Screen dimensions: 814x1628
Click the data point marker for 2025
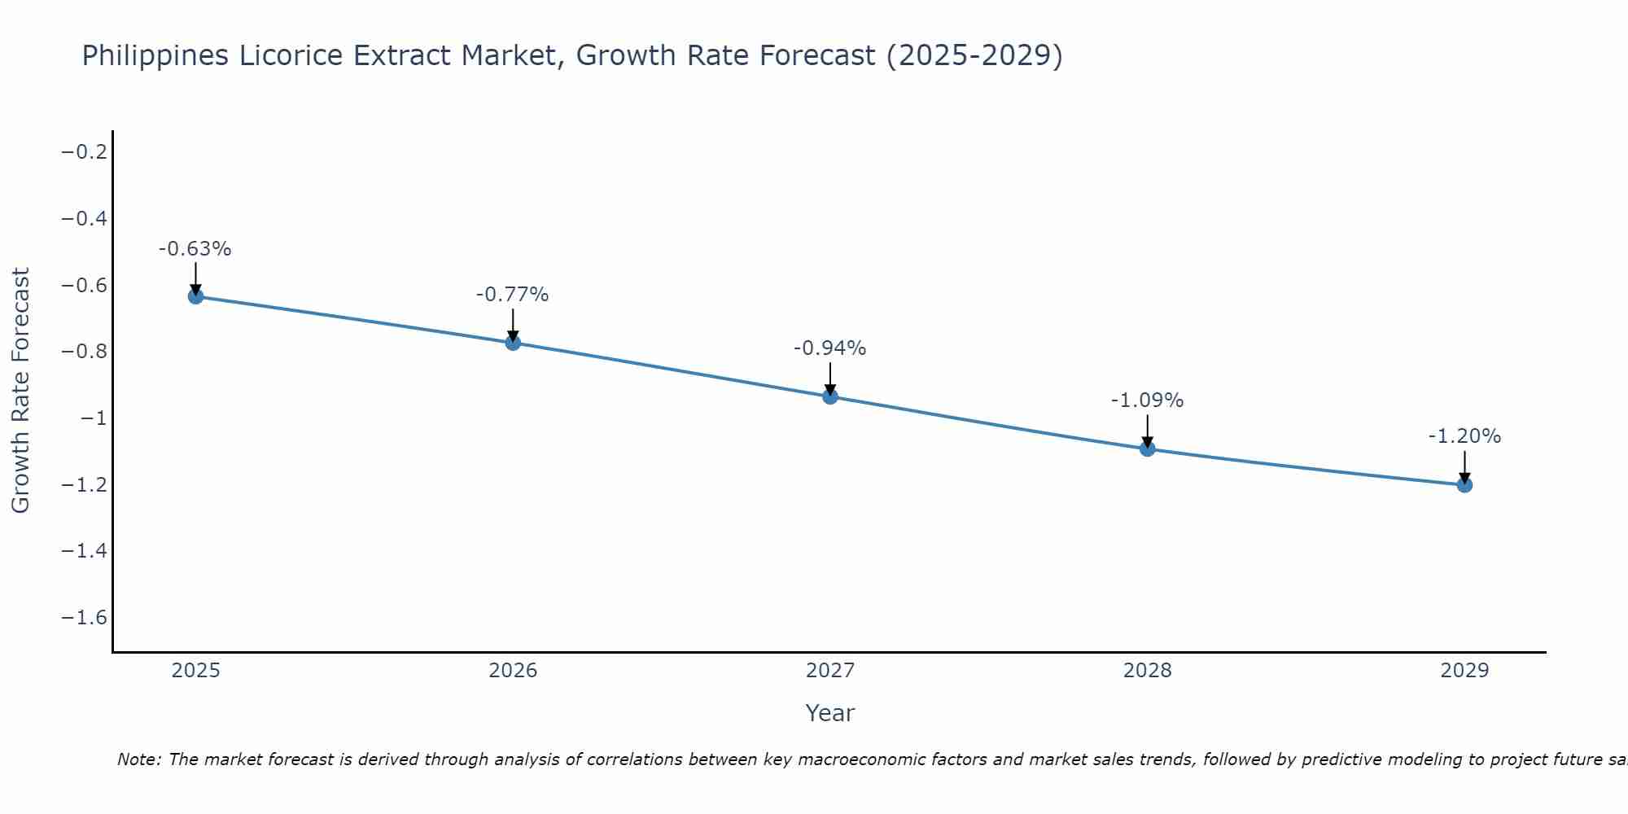tap(195, 296)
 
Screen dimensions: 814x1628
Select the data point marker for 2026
tap(513, 343)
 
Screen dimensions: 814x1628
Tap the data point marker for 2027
tap(830, 396)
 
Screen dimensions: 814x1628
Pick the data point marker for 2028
tap(1148, 449)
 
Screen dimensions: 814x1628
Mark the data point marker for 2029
tap(1464, 485)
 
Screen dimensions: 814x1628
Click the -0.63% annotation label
tap(195, 249)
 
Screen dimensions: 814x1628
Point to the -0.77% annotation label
tap(513, 295)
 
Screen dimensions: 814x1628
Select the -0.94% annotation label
tap(830, 348)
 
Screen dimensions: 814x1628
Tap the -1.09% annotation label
tap(1148, 400)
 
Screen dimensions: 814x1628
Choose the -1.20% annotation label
tap(1464, 436)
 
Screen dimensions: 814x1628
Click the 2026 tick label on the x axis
tap(513, 671)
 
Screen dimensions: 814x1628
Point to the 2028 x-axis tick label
tap(1148, 671)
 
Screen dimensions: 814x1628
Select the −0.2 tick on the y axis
tap(85, 152)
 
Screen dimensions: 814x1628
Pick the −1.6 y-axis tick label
tap(85, 618)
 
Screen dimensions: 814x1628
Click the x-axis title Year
tap(830, 714)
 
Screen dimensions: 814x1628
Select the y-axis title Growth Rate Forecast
tap(20, 391)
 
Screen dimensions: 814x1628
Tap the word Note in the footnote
tap(138, 760)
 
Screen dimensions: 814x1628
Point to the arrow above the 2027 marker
tap(830, 379)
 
